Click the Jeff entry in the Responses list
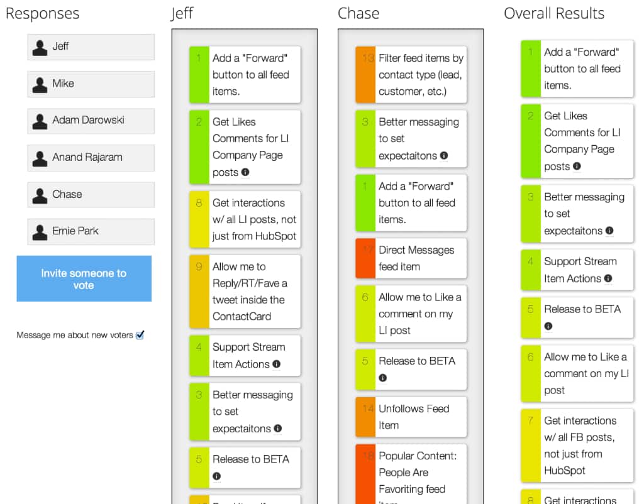click(x=91, y=47)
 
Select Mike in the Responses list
click(x=91, y=84)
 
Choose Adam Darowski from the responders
click(x=91, y=121)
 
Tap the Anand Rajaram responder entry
click(x=91, y=158)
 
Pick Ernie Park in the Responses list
click(x=91, y=231)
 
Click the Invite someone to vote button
click(x=84, y=279)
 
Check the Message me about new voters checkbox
click(x=140, y=336)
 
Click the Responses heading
click(x=43, y=14)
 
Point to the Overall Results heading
click(x=553, y=14)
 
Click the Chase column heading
click(x=358, y=14)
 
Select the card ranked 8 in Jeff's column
click(x=245, y=219)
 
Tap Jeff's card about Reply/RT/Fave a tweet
click(x=245, y=292)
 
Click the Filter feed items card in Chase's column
click(x=411, y=75)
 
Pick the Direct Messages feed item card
click(x=411, y=258)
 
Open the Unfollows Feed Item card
click(x=411, y=417)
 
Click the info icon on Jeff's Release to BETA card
click(x=217, y=476)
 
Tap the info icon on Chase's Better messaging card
click(x=444, y=155)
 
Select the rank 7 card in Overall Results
click(x=577, y=446)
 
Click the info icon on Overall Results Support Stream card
click(x=608, y=278)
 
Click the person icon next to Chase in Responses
click(x=40, y=195)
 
